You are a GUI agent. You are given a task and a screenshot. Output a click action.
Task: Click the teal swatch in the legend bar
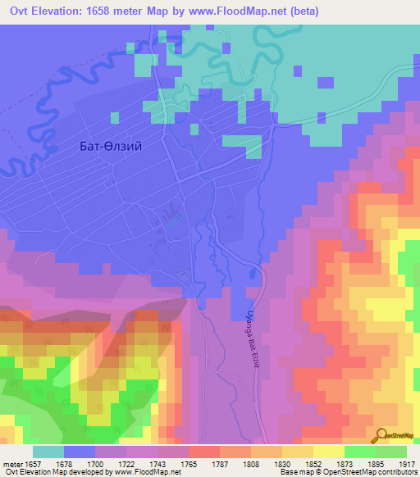click(x=48, y=452)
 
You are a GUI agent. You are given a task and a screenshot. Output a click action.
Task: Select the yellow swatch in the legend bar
click(x=327, y=452)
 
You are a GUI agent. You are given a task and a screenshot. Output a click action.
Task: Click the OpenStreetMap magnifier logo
click(x=380, y=436)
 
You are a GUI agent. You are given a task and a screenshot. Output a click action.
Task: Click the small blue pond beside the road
click(x=171, y=220)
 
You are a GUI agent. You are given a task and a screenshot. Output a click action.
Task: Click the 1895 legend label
click(x=357, y=464)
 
